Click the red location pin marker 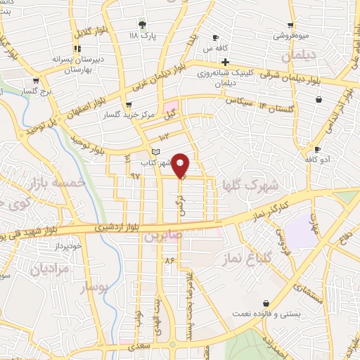coord(181,165)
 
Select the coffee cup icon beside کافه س coord(216,38)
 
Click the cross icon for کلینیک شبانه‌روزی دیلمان coord(224,62)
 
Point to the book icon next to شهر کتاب coord(156,153)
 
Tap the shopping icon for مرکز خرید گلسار coord(128,106)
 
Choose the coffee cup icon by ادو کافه coord(317,149)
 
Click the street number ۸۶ coord(168,260)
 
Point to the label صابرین coord(163,237)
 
